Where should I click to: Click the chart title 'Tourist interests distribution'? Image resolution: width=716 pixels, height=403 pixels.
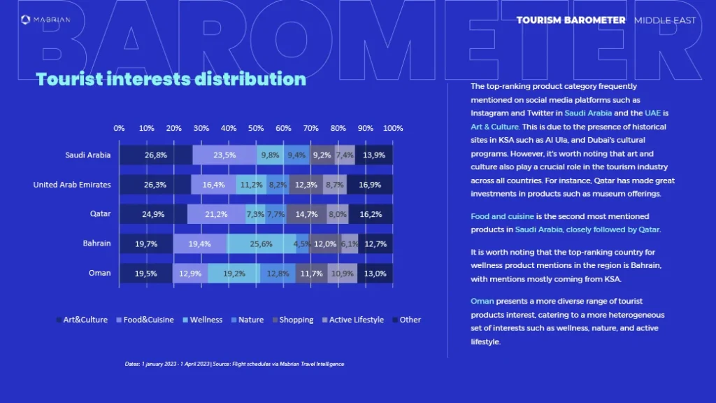click(171, 79)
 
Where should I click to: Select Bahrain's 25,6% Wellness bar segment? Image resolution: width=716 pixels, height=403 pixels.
click(260, 243)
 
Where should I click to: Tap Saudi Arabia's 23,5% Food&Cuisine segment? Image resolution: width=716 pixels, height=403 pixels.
click(224, 155)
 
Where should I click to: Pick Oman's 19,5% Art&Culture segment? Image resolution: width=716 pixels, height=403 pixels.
click(145, 274)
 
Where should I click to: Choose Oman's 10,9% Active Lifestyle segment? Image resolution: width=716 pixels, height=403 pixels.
click(341, 274)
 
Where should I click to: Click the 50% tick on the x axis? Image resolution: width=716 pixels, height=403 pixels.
click(256, 129)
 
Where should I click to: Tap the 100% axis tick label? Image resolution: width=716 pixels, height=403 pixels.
click(393, 129)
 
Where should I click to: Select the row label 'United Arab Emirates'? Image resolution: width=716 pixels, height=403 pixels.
click(72, 185)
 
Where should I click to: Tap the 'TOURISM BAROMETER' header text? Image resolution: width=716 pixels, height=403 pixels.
click(571, 20)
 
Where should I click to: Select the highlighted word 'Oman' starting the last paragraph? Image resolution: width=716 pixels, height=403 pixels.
click(482, 301)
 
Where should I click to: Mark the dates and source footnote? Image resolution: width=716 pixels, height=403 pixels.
click(234, 364)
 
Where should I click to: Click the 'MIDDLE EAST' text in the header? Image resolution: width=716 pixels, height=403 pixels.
click(665, 20)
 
